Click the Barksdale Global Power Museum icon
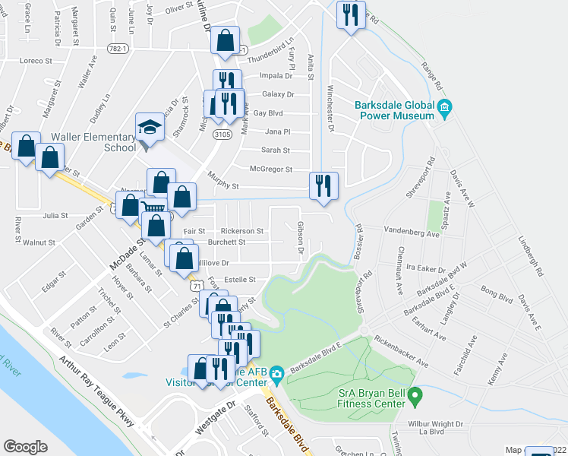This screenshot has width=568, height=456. tap(445, 107)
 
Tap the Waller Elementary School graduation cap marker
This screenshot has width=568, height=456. tap(150, 129)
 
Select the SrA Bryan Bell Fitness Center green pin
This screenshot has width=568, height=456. tap(415, 395)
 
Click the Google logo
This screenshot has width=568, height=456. tap(25, 447)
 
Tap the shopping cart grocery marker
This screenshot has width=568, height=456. tap(153, 210)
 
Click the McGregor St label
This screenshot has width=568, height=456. tap(271, 169)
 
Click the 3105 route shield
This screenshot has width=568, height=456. tap(222, 135)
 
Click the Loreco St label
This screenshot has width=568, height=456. tap(34, 60)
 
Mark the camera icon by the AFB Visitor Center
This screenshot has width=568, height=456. tap(277, 373)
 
